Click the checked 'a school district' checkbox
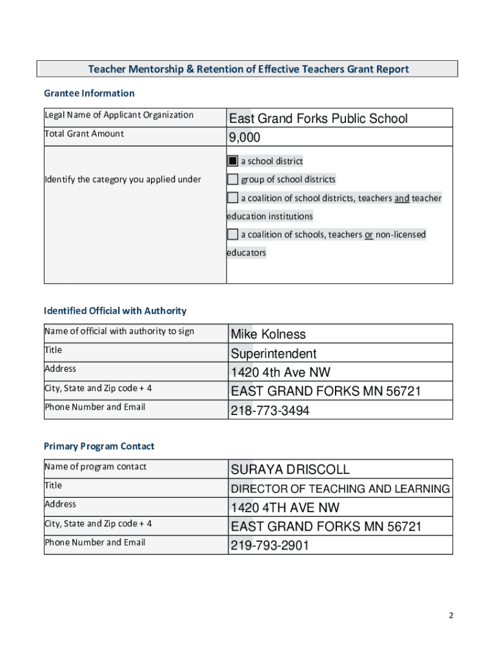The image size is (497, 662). pyautogui.click(x=232, y=161)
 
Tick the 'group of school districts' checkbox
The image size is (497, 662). pyautogui.click(x=232, y=180)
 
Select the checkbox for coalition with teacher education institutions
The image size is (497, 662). pyautogui.click(x=232, y=198)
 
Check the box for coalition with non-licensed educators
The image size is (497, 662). pyautogui.click(x=232, y=234)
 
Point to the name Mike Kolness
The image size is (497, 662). pyautogui.click(x=268, y=334)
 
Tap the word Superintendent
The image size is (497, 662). pyautogui.click(x=274, y=354)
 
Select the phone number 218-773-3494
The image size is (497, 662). pyautogui.click(x=270, y=411)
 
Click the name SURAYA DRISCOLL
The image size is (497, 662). pyautogui.click(x=290, y=469)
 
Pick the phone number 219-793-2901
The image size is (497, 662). pyautogui.click(x=270, y=546)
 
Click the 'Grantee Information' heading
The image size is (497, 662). pyautogui.click(x=89, y=93)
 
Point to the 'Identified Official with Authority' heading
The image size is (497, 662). pyautogui.click(x=115, y=311)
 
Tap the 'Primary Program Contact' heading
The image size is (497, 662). pyautogui.click(x=99, y=446)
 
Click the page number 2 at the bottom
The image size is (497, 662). pyautogui.click(x=451, y=615)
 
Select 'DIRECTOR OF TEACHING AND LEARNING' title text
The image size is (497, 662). pyautogui.click(x=340, y=489)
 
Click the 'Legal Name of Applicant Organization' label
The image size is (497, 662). pyautogui.click(x=119, y=115)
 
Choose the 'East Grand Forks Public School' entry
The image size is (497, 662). pyautogui.click(x=319, y=118)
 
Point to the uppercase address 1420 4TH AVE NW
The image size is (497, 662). pyautogui.click(x=285, y=507)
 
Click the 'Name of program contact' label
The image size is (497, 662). pyautogui.click(x=95, y=467)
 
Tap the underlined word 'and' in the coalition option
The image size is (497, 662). pyautogui.click(x=401, y=198)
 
